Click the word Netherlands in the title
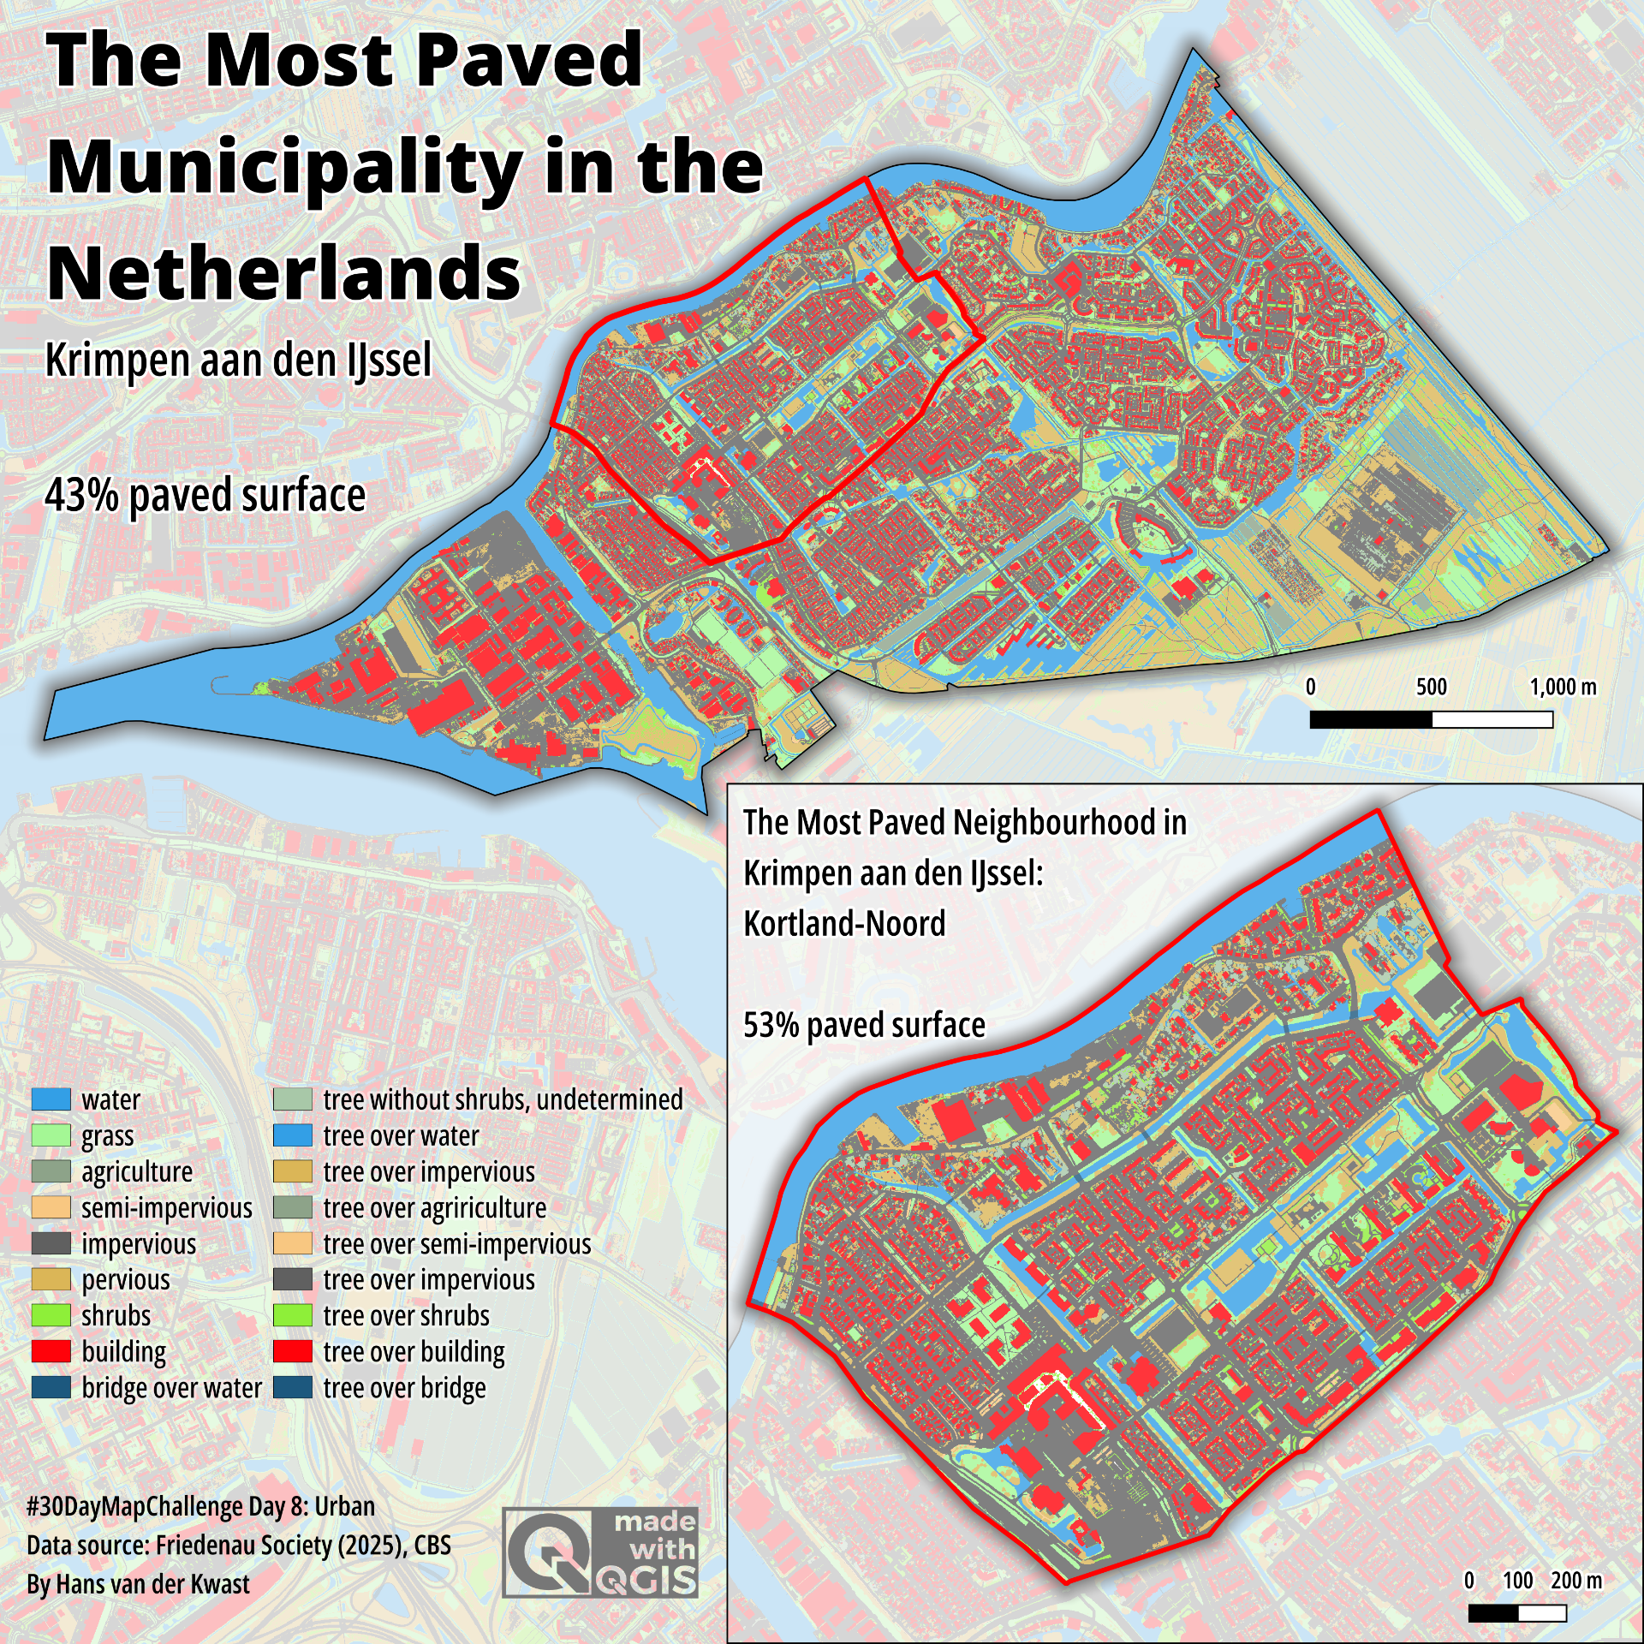pyautogui.click(x=283, y=273)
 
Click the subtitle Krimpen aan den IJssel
pyautogui.click(x=238, y=360)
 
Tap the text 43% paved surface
pyautogui.click(x=205, y=496)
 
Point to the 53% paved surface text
pyautogui.click(x=863, y=1025)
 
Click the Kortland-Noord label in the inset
pyautogui.click(x=844, y=924)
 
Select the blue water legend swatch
pyautogui.click(x=51, y=1099)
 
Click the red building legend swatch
pyautogui.click(x=51, y=1351)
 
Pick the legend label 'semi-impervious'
pyautogui.click(x=166, y=1208)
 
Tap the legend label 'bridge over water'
pyautogui.click(x=171, y=1388)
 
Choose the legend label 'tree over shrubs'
pyautogui.click(x=406, y=1316)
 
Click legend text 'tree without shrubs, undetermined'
pyautogui.click(x=503, y=1099)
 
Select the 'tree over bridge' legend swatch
pyautogui.click(x=293, y=1388)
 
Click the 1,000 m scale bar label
pyautogui.click(x=1563, y=687)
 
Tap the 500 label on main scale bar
pyautogui.click(x=1431, y=687)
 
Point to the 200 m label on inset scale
pyautogui.click(x=1575, y=1581)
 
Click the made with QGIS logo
pyautogui.click(x=600, y=1552)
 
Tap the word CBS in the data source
pyautogui.click(x=432, y=1546)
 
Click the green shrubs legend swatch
pyautogui.click(x=51, y=1315)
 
